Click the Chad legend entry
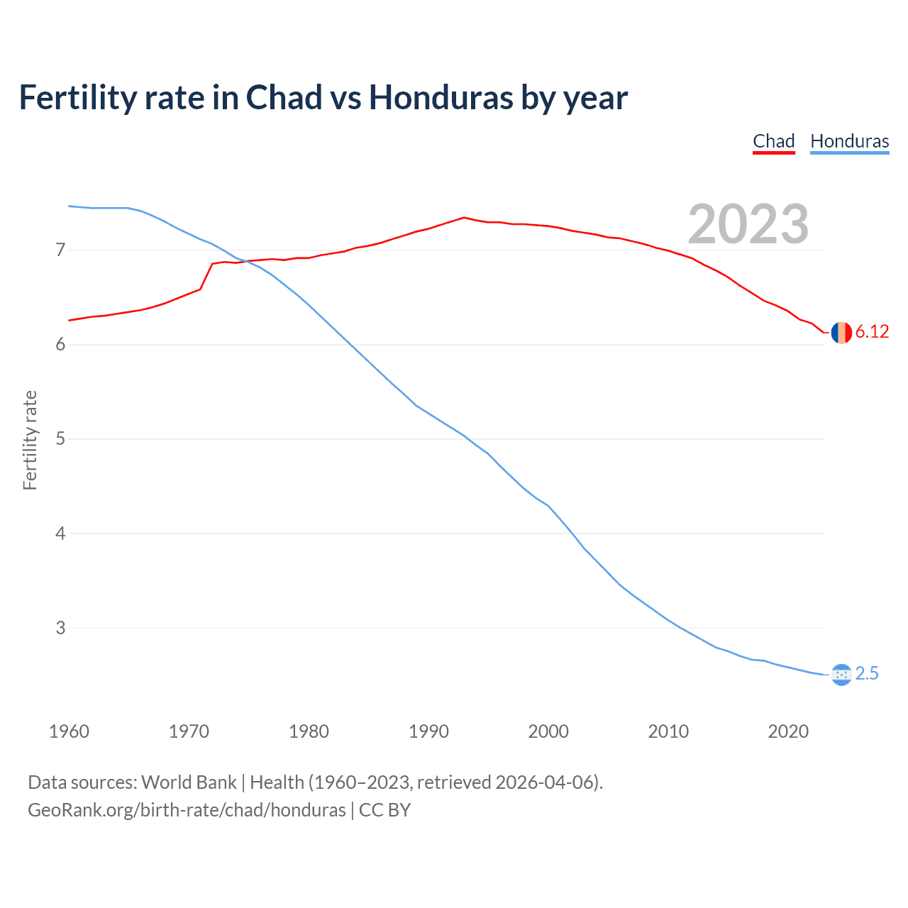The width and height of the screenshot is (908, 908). (x=773, y=141)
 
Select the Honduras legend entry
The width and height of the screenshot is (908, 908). (x=849, y=141)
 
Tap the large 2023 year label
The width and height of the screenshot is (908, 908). (x=748, y=224)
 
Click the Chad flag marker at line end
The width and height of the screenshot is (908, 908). (x=841, y=332)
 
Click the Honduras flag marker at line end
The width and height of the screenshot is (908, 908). (x=841, y=675)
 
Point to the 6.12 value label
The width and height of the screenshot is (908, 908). (x=872, y=332)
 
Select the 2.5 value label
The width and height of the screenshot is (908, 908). (x=867, y=674)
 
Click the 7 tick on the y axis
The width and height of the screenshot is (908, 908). (x=60, y=250)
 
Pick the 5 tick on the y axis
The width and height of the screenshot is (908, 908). (x=60, y=439)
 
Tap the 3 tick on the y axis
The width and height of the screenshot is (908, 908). (x=60, y=628)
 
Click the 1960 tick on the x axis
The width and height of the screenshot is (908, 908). (x=69, y=731)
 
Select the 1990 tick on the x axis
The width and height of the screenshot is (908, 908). (x=428, y=731)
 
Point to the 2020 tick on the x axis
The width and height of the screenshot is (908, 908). (x=788, y=731)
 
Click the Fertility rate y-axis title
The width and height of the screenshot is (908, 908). (x=30, y=440)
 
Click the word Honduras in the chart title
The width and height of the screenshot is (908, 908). (x=440, y=98)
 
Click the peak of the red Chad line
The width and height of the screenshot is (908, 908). (x=464, y=217)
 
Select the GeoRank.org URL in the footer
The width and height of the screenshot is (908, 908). (x=187, y=810)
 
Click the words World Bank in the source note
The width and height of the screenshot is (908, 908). (x=189, y=782)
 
